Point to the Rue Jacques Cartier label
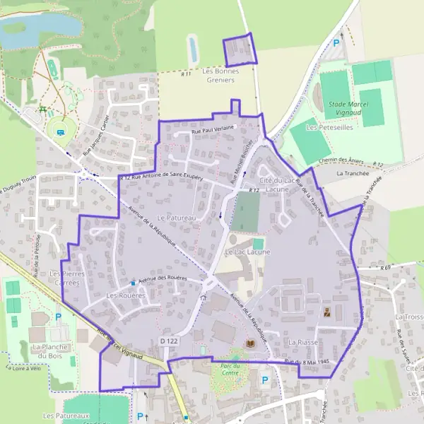point(97,135)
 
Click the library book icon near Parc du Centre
point(249,343)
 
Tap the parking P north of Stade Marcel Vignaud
point(336,43)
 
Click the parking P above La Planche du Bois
point(58,317)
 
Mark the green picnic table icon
point(43,110)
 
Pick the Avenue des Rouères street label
point(163,278)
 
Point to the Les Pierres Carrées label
point(67,278)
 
